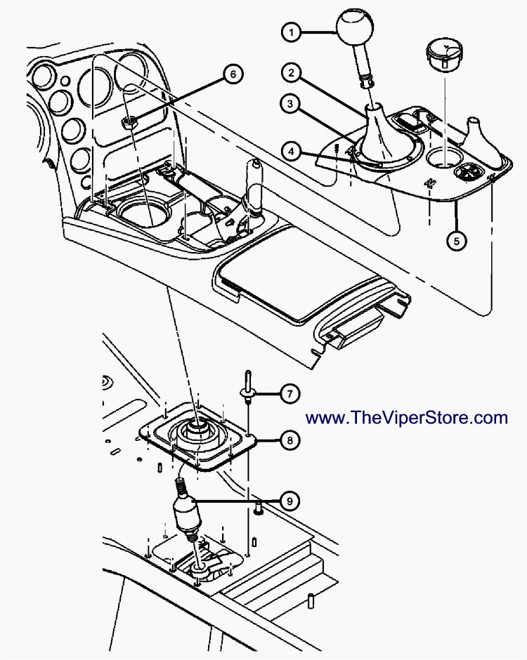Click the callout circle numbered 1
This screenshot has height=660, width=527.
(x=291, y=32)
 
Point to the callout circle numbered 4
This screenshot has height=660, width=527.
(x=290, y=150)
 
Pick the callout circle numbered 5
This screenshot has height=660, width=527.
(x=456, y=240)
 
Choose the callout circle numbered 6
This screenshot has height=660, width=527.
(x=234, y=73)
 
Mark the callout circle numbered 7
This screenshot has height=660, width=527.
(x=289, y=393)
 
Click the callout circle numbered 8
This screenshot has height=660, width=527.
(x=289, y=440)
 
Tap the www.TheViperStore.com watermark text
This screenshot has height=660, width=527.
(x=407, y=418)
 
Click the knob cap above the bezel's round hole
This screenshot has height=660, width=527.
(x=443, y=53)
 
